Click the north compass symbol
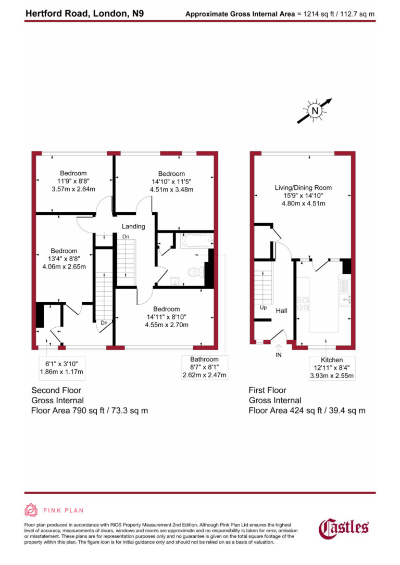pos(315,110)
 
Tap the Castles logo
pos(344,528)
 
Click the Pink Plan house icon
pos(31,510)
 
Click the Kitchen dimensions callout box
pos(332,368)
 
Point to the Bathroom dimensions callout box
pos(204,367)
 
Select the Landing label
pos(133,226)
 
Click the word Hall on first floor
pos(281,311)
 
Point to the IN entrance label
pos(279,355)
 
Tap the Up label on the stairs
pos(264,307)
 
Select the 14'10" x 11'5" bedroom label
pos(171,182)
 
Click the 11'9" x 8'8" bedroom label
pos(73,181)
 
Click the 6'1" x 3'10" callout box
pos(61,367)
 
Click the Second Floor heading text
pos(56,390)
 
